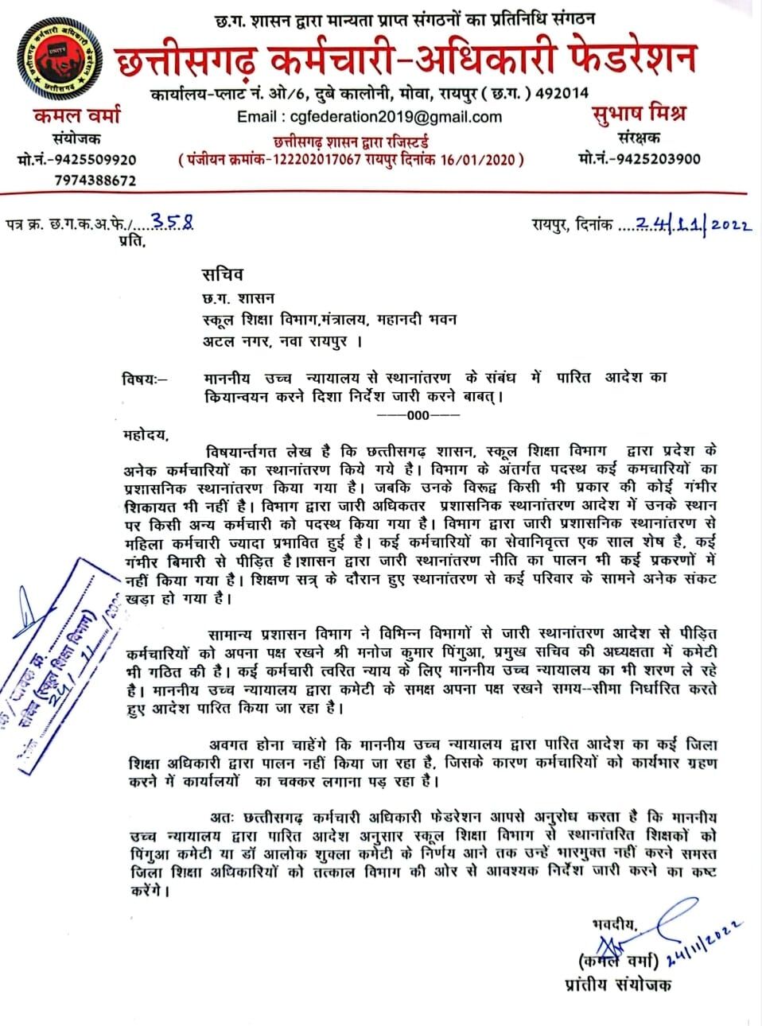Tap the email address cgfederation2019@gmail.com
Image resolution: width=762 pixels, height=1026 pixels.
click(x=369, y=117)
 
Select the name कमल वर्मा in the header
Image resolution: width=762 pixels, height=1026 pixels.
click(x=77, y=115)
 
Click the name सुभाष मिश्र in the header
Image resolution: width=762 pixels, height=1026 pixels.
click(x=640, y=114)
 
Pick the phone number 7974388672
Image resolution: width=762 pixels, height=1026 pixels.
click(x=95, y=181)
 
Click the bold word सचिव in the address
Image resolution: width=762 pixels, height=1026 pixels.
click(x=222, y=274)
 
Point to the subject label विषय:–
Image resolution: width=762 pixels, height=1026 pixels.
click(x=146, y=379)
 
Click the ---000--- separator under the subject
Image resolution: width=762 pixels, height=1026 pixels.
click(x=418, y=415)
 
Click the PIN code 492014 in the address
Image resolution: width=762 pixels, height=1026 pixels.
click(x=562, y=93)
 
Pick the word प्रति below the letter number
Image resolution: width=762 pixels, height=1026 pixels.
click(x=132, y=241)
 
